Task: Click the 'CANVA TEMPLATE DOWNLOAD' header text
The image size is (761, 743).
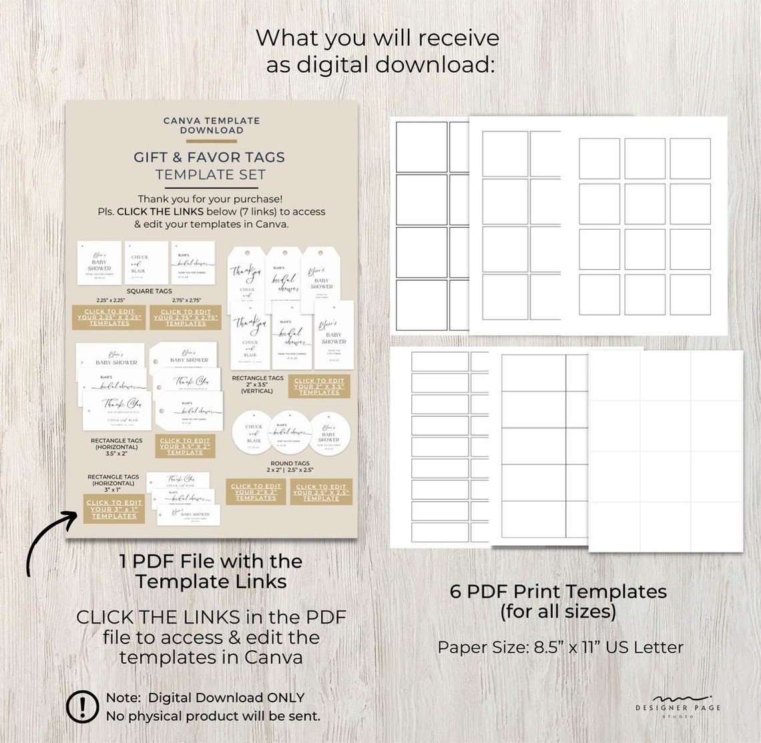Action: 212,125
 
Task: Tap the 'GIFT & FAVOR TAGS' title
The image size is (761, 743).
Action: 209,158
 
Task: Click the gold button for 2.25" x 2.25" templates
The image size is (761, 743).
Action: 110,317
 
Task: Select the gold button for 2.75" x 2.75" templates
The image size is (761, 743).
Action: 186,317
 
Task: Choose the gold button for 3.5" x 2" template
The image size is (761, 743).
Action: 185,446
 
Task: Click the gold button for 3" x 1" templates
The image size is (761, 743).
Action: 114,508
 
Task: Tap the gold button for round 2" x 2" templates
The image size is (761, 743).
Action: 256,492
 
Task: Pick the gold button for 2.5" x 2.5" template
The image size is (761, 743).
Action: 321,492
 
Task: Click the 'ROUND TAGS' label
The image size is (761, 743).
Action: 290,463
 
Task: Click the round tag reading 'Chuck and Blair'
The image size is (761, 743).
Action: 254,433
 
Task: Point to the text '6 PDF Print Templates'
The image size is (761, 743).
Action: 558,591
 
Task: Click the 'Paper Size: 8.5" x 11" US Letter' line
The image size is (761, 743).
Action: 561,647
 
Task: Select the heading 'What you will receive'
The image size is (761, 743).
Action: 377,37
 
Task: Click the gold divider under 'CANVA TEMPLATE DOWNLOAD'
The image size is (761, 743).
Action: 211,141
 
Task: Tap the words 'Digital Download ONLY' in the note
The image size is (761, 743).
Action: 226,698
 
